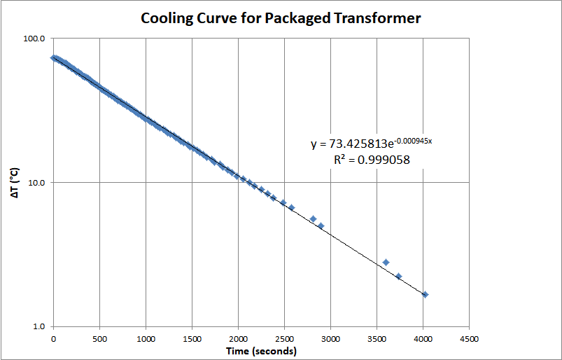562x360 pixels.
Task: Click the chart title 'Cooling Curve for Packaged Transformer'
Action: click(281, 18)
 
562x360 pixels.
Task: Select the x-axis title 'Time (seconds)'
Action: click(261, 351)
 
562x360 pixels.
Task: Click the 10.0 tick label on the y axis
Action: click(35, 183)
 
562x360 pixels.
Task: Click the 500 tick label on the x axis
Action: click(99, 339)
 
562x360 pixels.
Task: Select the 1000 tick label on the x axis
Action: click(146, 339)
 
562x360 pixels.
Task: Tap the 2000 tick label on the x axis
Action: click(238, 339)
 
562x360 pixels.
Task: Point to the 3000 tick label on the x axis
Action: click(330, 339)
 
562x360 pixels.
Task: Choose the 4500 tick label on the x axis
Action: click(469, 339)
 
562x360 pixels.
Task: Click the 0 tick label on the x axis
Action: click(53, 339)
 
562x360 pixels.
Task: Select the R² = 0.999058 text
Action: click(372, 160)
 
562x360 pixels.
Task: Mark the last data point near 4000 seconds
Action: click(425, 295)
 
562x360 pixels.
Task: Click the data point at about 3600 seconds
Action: click(386, 262)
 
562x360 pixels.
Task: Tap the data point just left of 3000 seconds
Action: click(321, 226)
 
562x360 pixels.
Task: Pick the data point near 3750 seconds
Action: click(398, 276)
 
